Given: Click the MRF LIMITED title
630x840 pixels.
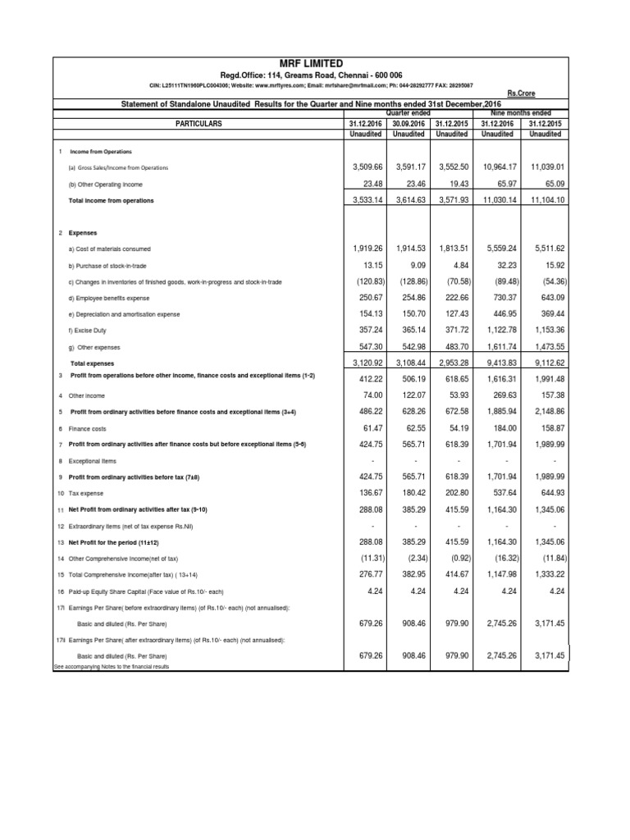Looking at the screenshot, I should pos(310,63).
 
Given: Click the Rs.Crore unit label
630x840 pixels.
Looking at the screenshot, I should pos(547,94).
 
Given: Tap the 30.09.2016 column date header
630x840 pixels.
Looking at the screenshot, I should pos(408,123).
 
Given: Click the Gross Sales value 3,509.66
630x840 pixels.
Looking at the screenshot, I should pos(362,167).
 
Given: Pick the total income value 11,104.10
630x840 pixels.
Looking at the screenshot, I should pos(546,200).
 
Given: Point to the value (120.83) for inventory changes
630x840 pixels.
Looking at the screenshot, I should pos(362,281).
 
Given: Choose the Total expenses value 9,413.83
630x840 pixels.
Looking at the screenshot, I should pos(500,363).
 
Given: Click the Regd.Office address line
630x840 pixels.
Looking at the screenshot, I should pos(310,75).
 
